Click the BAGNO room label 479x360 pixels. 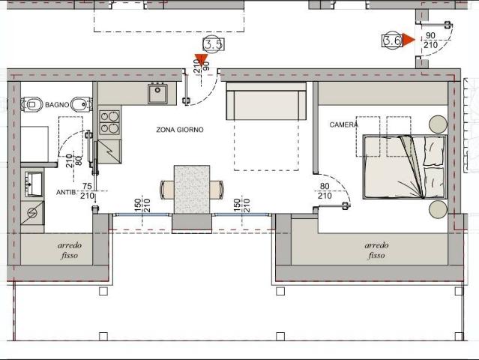coord(57,105)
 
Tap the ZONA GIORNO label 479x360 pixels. coord(180,130)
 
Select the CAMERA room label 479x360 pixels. coord(343,124)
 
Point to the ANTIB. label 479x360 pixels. coord(66,193)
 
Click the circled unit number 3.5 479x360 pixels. coord(213,44)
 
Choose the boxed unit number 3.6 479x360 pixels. coord(392,40)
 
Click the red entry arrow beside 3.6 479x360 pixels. coord(409,40)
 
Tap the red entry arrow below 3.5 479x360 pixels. coord(201,59)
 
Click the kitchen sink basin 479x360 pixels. coord(157,93)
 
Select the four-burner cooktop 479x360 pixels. coord(109,122)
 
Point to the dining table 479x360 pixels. coord(192,190)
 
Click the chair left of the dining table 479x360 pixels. coord(167,190)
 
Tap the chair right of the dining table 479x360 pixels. coord(217,190)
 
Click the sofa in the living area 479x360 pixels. coord(266,100)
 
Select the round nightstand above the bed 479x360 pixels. coord(438,124)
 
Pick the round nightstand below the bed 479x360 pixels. coord(438,209)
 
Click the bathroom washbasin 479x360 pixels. coord(33,183)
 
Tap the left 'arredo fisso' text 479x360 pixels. coord(70,250)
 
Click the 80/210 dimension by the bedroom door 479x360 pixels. coord(325,190)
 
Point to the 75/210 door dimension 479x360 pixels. coord(87,190)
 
